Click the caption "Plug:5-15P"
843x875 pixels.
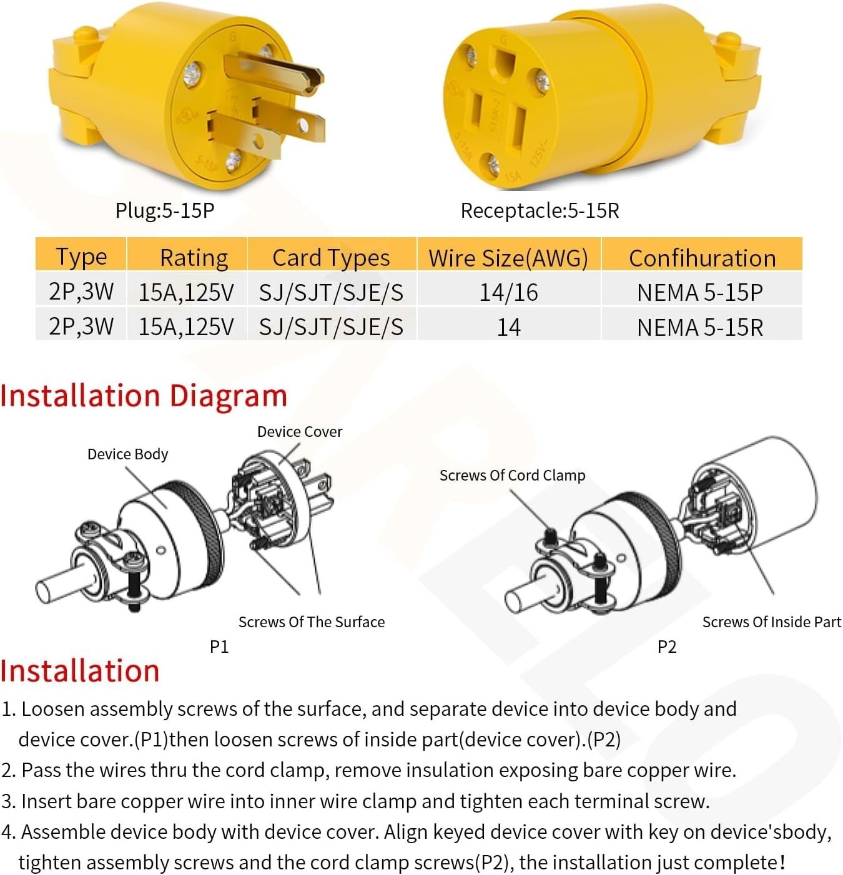(x=165, y=210)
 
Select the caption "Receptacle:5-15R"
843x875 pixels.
(x=540, y=210)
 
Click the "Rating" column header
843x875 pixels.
(x=194, y=258)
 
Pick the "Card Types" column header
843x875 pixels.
(x=331, y=258)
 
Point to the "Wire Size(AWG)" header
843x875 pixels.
(x=508, y=258)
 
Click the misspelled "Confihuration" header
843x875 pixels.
(x=702, y=258)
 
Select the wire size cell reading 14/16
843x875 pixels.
(x=508, y=292)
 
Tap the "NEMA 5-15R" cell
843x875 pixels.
(x=700, y=327)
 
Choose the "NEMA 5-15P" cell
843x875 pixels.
(x=700, y=293)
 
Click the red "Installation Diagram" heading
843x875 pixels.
(x=144, y=396)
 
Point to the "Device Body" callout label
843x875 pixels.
(x=128, y=454)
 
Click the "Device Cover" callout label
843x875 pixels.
(x=300, y=432)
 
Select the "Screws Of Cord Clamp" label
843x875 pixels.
(x=513, y=476)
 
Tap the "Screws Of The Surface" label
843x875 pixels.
(x=312, y=622)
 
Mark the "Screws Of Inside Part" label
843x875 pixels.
(x=771, y=622)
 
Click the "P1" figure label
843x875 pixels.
(x=220, y=647)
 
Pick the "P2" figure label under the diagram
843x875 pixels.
(x=667, y=647)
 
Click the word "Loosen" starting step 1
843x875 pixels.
(x=52, y=709)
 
